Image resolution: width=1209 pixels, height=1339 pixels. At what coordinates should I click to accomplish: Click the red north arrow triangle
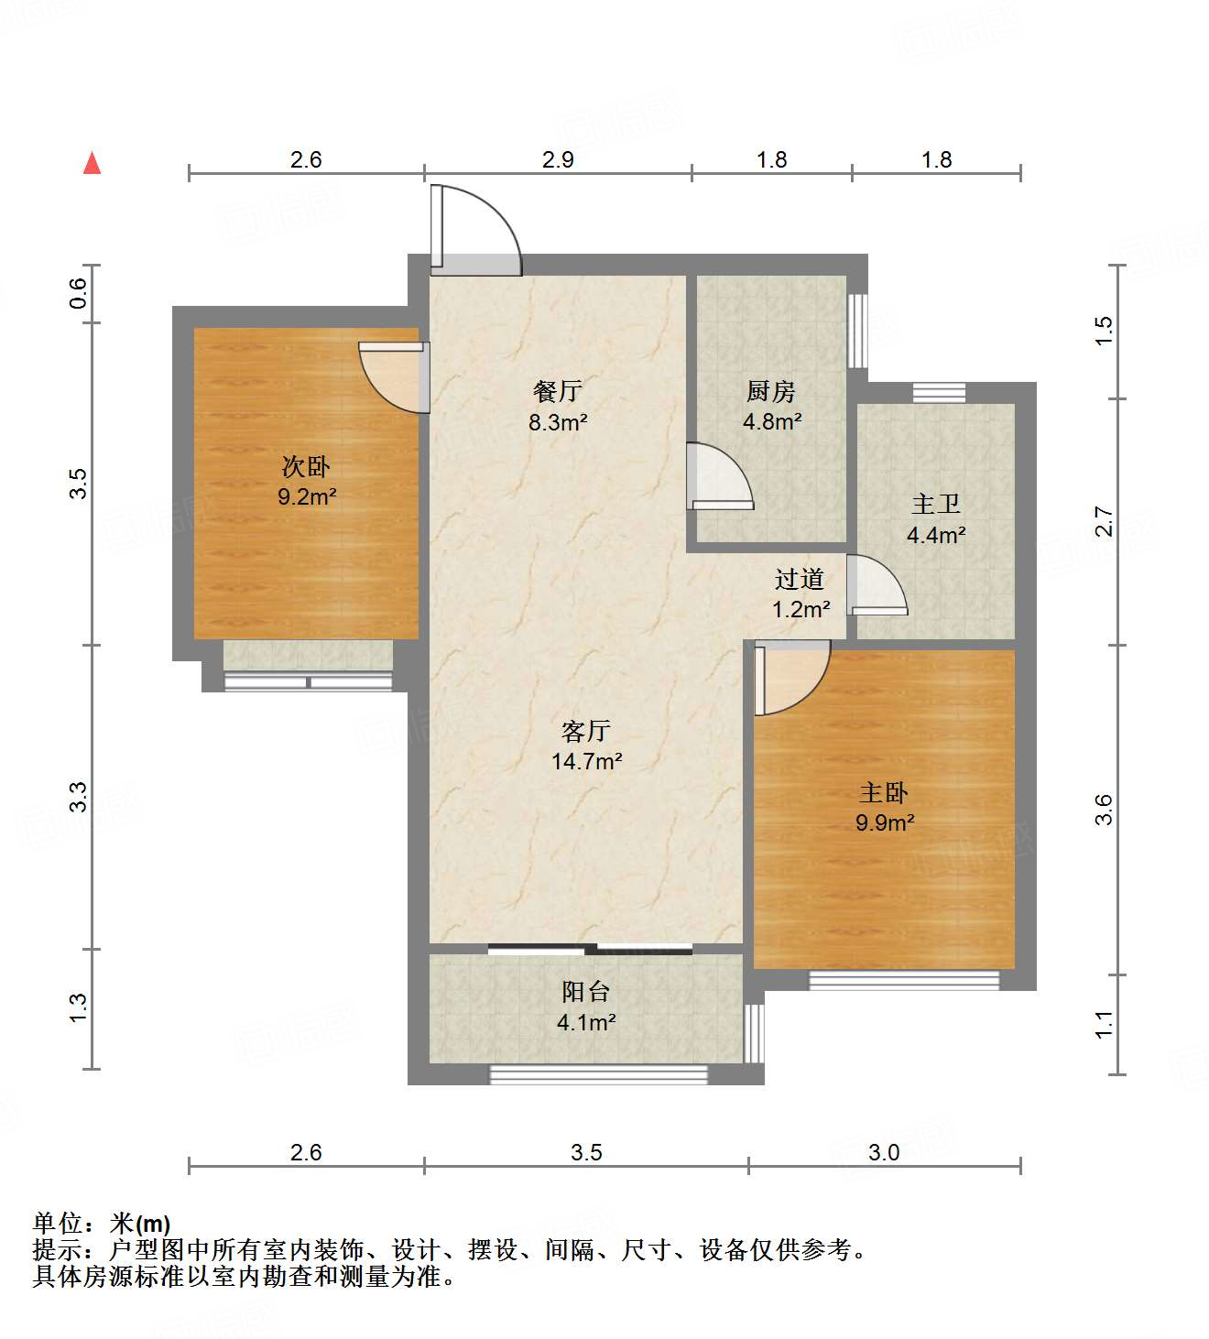[x=92, y=163]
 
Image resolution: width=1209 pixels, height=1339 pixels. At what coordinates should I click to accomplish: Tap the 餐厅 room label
[x=557, y=392]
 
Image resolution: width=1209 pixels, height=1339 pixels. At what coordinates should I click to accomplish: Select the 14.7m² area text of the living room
[x=586, y=761]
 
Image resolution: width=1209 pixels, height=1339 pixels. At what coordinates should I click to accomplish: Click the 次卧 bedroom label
[x=306, y=467]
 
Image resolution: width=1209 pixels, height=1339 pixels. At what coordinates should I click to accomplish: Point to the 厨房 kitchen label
[x=770, y=392]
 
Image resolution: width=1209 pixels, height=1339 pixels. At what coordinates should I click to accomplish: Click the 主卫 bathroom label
[x=936, y=505]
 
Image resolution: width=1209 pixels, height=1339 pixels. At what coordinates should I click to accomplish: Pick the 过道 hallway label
[x=800, y=579]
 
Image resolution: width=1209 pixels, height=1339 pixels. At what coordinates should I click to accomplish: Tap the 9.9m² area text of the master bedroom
[x=885, y=822]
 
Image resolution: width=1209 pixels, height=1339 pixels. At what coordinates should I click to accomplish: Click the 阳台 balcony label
[x=585, y=992]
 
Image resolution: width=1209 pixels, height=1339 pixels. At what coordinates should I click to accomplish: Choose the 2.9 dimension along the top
[x=558, y=159]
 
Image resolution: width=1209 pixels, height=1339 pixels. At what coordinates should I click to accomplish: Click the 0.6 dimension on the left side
[x=79, y=293]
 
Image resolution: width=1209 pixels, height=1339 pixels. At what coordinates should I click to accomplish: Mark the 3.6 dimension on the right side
[x=1104, y=810]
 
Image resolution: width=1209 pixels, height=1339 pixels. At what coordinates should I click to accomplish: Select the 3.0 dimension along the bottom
[x=884, y=1152]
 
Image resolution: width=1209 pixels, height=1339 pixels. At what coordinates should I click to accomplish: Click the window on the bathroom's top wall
[x=939, y=393]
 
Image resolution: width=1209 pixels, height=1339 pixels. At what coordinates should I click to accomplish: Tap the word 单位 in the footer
[x=58, y=1223]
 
